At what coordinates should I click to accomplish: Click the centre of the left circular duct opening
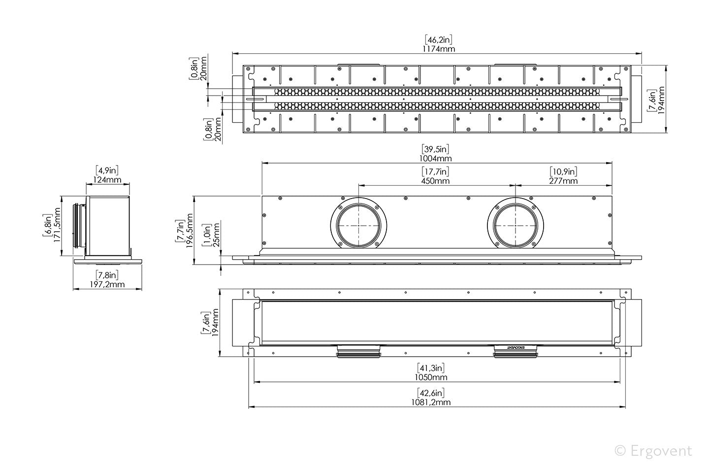[358, 226]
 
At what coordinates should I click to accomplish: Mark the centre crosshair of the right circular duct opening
[516, 226]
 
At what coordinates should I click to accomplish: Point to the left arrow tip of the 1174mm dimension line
[232, 53]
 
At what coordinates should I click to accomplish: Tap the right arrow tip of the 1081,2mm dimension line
[625, 406]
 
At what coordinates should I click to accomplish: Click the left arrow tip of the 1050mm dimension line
[255, 382]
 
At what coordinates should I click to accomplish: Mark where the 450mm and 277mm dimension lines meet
[516, 185]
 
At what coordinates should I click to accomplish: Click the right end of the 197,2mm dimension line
[142, 289]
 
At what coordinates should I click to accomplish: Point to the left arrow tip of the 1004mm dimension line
[262, 163]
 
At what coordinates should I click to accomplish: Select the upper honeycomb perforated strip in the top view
[437, 92]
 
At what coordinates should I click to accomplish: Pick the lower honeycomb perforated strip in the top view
[437, 106]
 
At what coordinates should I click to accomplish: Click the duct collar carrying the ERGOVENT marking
[516, 351]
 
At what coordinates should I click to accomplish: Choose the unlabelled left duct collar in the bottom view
[358, 351]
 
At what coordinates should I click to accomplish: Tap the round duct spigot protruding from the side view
[79, 226]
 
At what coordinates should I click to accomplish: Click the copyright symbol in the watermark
[620, 451]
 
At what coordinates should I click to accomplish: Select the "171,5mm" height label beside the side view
[57, 225]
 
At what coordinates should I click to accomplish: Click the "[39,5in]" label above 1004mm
[436, 149]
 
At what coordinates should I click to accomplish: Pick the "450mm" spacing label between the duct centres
[436, 181]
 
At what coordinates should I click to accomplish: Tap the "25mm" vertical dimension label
[217, 235]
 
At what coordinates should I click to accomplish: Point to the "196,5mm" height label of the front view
[189, 231]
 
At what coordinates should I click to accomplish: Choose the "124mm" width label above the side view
[107, 180]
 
